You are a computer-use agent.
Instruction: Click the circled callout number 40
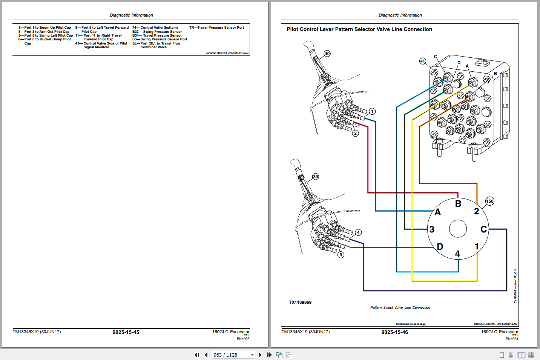pyautogui.click(x=327, y=54)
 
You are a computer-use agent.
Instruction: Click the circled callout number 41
pyautogui.click(x=422, y=61)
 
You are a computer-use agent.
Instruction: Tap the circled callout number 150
pyautogui.click(x=489, y=201)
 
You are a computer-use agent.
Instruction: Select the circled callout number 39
pyautogui.click(x=315, y=177)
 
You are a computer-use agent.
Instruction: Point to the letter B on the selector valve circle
pyautogui.click(x=458, y=204)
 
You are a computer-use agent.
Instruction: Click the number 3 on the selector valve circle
pyautogui.click(x=432, y=229)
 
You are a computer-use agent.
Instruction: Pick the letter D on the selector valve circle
pyautogui.click(x=440, y=247)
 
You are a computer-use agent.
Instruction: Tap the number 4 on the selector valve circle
pyautogui.click(x=457, y=254)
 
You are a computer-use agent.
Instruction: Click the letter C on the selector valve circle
pyautogui.click(x=483, y=229)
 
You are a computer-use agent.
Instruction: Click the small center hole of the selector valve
pyautogui.click(x=458, y=229)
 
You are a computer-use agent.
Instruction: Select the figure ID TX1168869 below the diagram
pyautogui.click(x=300, y=302)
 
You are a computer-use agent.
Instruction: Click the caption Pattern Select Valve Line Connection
pyautogui.click(x=400, y=308)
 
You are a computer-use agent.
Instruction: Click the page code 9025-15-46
pyautogui.click(x=394, y=332)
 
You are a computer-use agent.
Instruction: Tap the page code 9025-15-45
pyautogui.click(x=126, y=332)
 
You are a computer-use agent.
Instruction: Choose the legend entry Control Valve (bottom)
pyautogui.click(x=155, y=28)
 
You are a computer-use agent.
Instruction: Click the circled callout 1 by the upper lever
pyautogui.click(x=372, y=111)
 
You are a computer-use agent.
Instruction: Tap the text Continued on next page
pyautogui.click(x=410, y=324)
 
